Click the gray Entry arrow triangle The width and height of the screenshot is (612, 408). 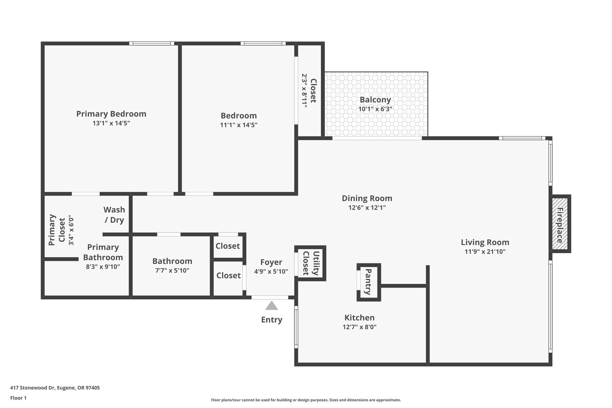[x=272, y=306]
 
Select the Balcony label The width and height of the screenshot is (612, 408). [x=375, y=100]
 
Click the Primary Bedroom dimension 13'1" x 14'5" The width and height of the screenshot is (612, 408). [x=111, y=123]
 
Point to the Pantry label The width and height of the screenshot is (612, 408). [x=368, y=282]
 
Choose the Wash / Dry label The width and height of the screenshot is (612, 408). [x=114, y=215]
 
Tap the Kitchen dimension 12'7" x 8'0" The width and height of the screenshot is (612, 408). [x=359, y=327]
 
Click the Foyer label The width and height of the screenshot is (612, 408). [x=271, y=262]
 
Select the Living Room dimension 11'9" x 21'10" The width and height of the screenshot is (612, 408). [x=485, y=252]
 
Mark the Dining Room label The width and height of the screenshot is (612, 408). [x=367, y=198]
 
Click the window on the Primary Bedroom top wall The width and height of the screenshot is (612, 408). [x=152, y=43]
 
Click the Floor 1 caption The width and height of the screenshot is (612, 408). [x=19, y=398]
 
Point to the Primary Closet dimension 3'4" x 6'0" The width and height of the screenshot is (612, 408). [x=71, y=230]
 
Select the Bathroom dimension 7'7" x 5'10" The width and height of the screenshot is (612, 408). [x=172, y=271]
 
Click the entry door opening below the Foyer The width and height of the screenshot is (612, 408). [x=270, y=297]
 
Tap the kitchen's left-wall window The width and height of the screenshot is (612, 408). [x=296, y=327]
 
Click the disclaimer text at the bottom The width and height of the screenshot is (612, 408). [x=306, y=400]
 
